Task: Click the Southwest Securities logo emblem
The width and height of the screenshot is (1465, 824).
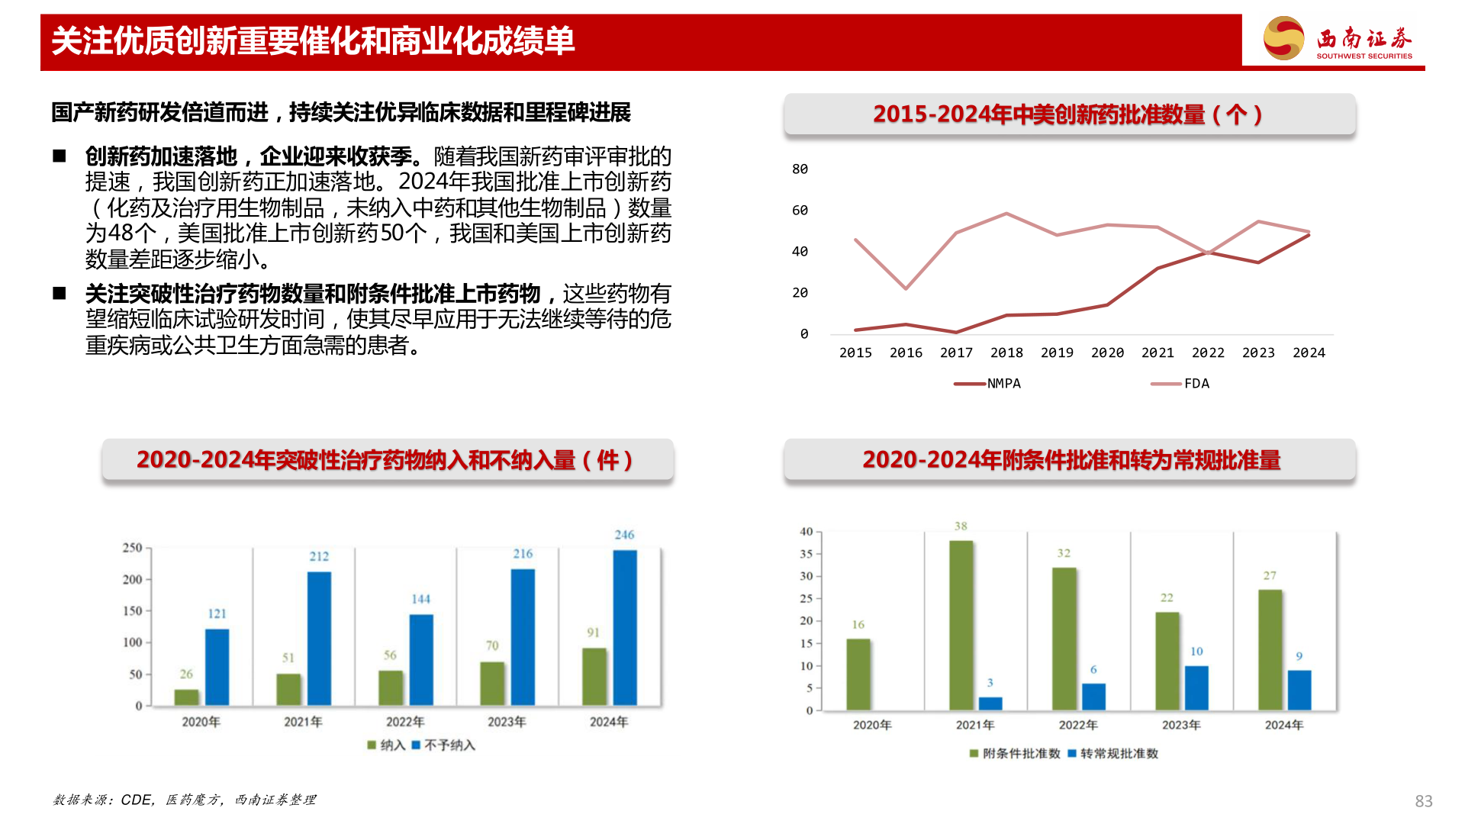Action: coord(1283,38)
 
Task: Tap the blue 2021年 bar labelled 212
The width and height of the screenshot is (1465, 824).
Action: coord(319,638)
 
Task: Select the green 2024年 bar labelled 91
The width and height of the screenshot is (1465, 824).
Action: coord(594,676)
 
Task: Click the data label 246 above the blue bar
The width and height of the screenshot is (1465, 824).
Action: coord(624,535)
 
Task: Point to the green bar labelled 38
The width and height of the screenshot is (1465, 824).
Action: coord(961,625)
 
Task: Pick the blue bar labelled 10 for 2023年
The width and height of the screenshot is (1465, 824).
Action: coord(1196,687)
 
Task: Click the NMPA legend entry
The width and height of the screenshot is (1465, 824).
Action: coord(988,384)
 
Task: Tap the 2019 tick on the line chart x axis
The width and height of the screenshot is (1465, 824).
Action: coord(1057,352)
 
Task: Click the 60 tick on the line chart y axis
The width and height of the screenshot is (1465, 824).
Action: coord(800,211)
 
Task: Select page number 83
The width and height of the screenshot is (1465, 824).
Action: coord(1423,801)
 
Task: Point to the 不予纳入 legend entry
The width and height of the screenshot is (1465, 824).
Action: coord(443,745)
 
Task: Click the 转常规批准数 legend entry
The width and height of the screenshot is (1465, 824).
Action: coord(1113,754)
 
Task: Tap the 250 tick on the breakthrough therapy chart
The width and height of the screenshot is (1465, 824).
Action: coord(132,548)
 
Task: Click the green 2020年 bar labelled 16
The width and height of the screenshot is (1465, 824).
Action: coord(858,674)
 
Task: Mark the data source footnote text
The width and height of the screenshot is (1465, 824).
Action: coord(185,800)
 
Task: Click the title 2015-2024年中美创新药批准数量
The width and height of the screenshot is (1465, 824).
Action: coord(1068,114)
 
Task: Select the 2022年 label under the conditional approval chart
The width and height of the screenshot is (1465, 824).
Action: coord(1078,725)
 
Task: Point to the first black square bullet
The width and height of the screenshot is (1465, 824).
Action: coord(60,156)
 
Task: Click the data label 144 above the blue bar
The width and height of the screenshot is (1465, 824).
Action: coord(420,600)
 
